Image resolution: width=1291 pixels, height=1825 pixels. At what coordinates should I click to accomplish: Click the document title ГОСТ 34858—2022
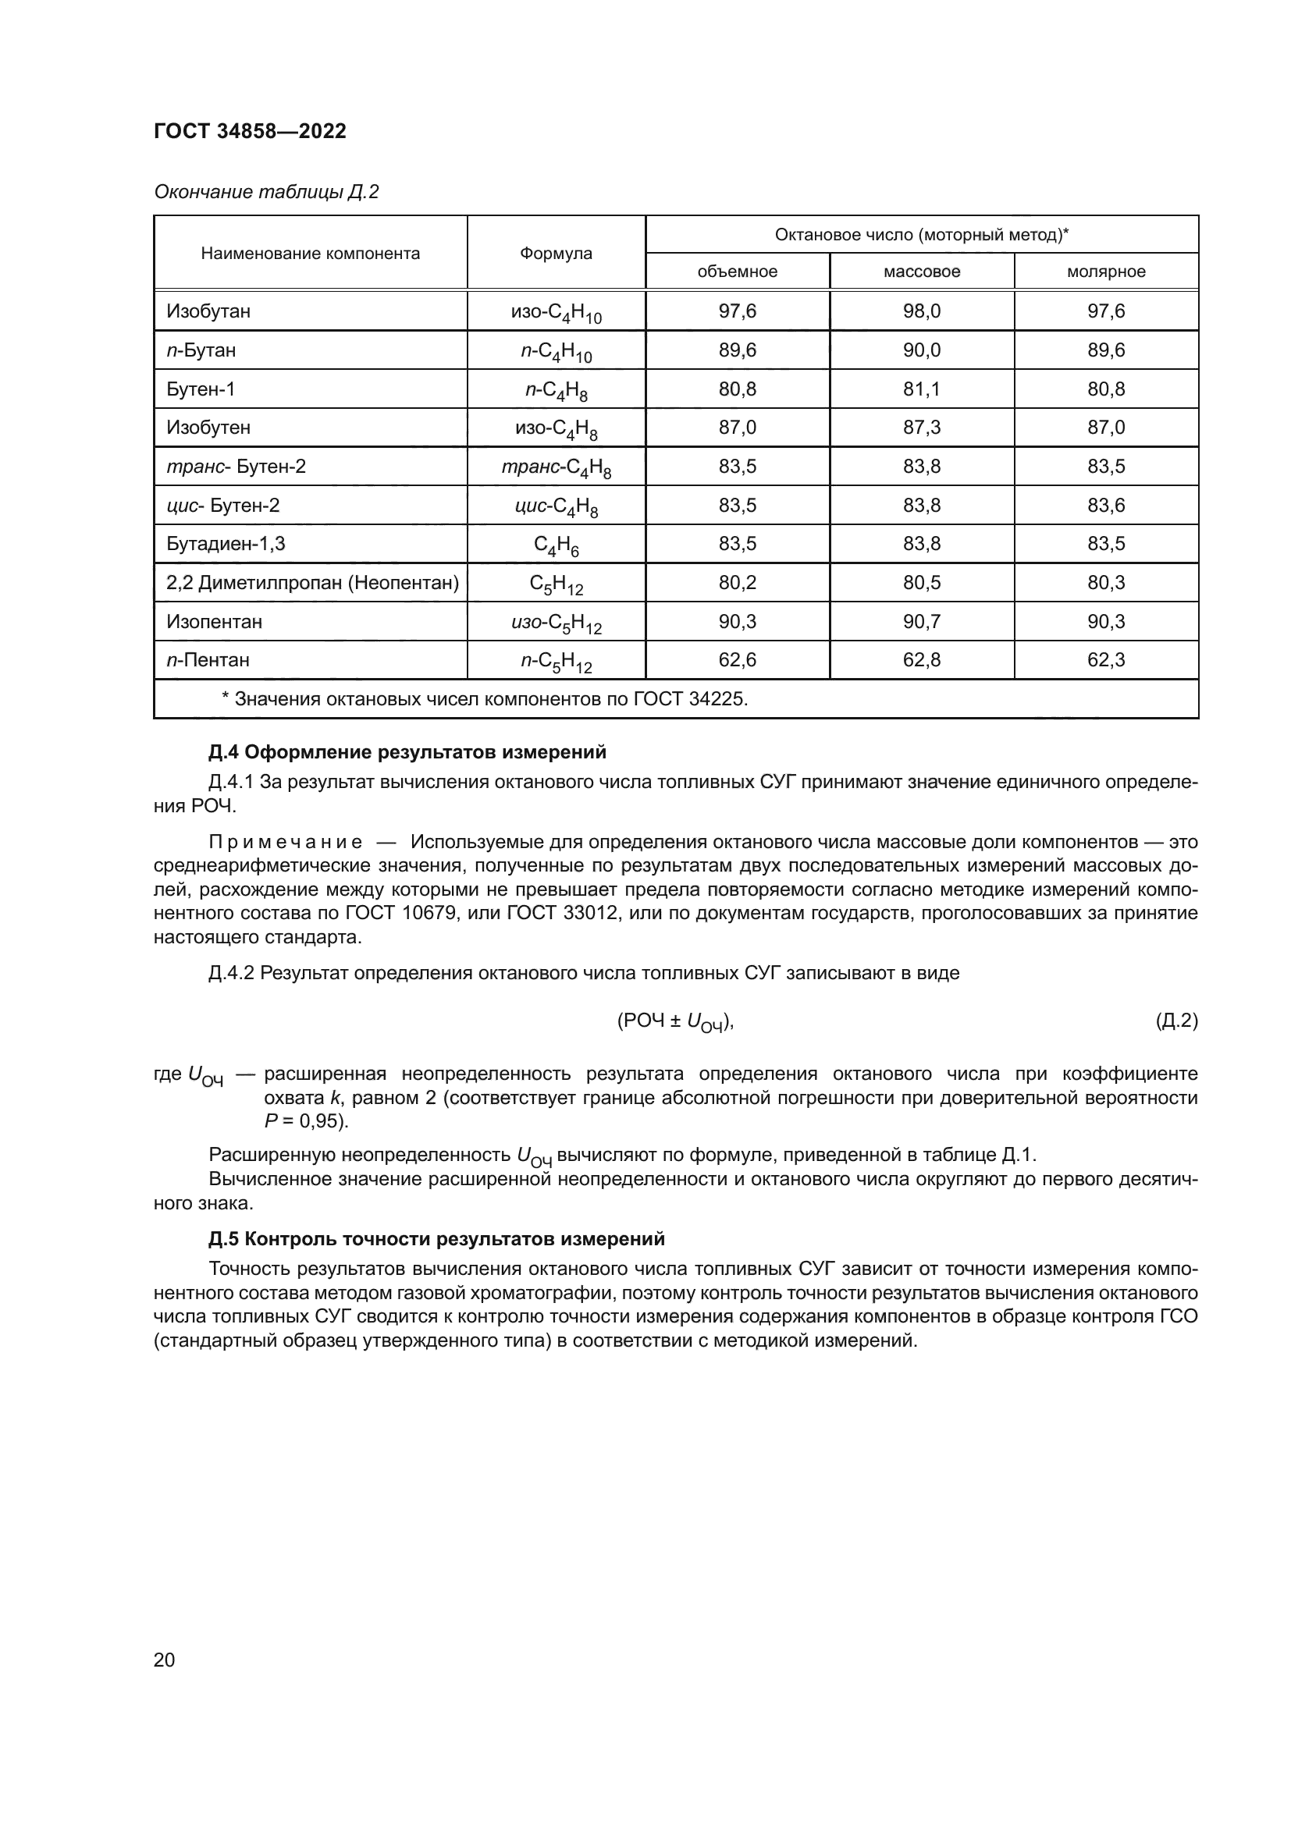pos(250,131)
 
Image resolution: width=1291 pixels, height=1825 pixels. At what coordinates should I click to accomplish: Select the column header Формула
pos(556,254)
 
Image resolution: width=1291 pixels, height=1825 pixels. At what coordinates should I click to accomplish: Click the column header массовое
pos(921,272)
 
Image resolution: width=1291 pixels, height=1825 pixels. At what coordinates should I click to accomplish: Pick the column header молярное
pos(1106,272)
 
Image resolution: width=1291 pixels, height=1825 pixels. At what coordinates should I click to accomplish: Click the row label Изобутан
pos(208,311)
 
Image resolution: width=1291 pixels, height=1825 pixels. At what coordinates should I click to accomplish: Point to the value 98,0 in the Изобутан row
pos(921,311)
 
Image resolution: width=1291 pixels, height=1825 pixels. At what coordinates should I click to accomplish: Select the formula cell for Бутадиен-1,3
pos(556,545)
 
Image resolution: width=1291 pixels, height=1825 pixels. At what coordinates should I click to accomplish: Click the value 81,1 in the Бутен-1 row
pos(921,389)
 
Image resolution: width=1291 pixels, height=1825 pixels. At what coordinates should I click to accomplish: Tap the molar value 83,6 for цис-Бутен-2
pos(1106,506)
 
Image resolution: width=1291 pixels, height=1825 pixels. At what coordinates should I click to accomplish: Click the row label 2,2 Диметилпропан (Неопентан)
pos(312,584)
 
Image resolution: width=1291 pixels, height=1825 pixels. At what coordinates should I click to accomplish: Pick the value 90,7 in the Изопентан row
pos(921,622)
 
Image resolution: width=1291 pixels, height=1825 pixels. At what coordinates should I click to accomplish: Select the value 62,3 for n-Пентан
pos(1106,661)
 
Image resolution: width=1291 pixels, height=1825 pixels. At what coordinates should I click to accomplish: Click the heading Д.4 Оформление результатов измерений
pos(407,752)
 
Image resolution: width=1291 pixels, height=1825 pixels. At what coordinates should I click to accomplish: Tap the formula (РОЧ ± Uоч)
pos(675,1023)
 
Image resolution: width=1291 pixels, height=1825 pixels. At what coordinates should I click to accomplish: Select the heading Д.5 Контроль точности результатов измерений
pos(436,1239)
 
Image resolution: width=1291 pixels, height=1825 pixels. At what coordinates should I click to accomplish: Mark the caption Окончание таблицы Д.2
pos(266,193)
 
